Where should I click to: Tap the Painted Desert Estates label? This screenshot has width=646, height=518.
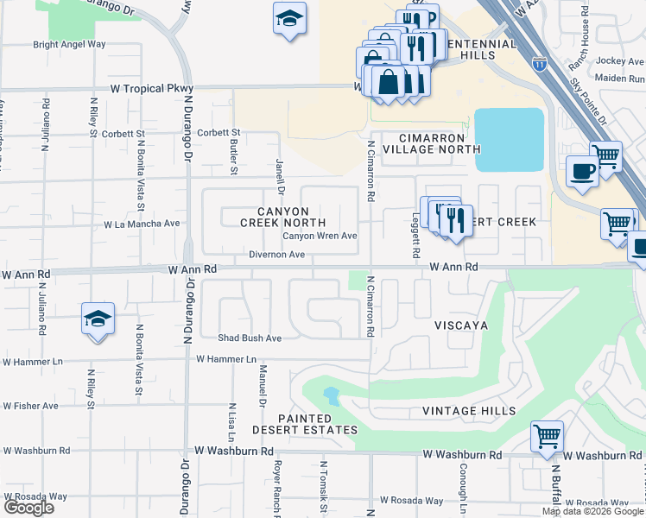point(304,424)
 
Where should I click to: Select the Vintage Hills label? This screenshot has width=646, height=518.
point(469,411)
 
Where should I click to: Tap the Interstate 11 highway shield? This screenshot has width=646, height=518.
point(539,64)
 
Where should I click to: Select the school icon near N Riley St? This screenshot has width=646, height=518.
point(98,319)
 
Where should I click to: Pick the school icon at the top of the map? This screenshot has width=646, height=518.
point(289,17)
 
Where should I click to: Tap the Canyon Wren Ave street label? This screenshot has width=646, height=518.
point(320,236)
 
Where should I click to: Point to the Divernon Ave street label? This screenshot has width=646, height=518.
point(276,255)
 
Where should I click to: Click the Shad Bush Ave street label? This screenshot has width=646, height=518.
point(250,338)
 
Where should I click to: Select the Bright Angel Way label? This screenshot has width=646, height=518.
point(69,44)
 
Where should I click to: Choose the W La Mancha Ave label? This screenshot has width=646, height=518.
point(142,224)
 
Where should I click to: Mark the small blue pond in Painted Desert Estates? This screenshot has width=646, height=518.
point(331,397)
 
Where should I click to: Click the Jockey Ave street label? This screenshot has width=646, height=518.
point(620,60)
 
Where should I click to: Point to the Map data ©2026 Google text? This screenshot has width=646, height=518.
point(592,511)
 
